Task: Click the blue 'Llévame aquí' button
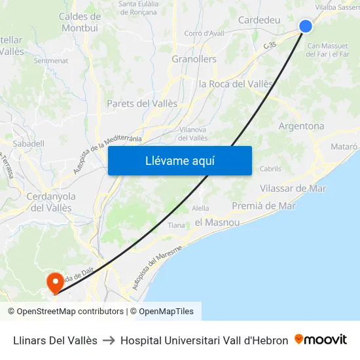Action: click(179, 161)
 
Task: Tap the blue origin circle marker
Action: click(306, 26)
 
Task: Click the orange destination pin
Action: click(54, 282)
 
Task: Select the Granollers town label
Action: click(194, 59)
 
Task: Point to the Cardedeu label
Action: click(259, 20)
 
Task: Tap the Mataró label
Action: click(345, 147)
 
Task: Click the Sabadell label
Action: click(29, 143)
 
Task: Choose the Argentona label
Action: click(301, 126)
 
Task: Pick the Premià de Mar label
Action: click(264, 206)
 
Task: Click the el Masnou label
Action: click(217, 223)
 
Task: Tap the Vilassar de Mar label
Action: click(293, 189)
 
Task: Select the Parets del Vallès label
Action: click(142, 103)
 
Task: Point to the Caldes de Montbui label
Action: click(80, 22)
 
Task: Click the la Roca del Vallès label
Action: click(236, 84)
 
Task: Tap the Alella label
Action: click(200, 208)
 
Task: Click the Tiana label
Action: click(176, 225)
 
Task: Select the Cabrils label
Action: click(270, 169)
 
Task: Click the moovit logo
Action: click(321, 340)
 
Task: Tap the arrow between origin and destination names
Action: click(109, 340)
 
